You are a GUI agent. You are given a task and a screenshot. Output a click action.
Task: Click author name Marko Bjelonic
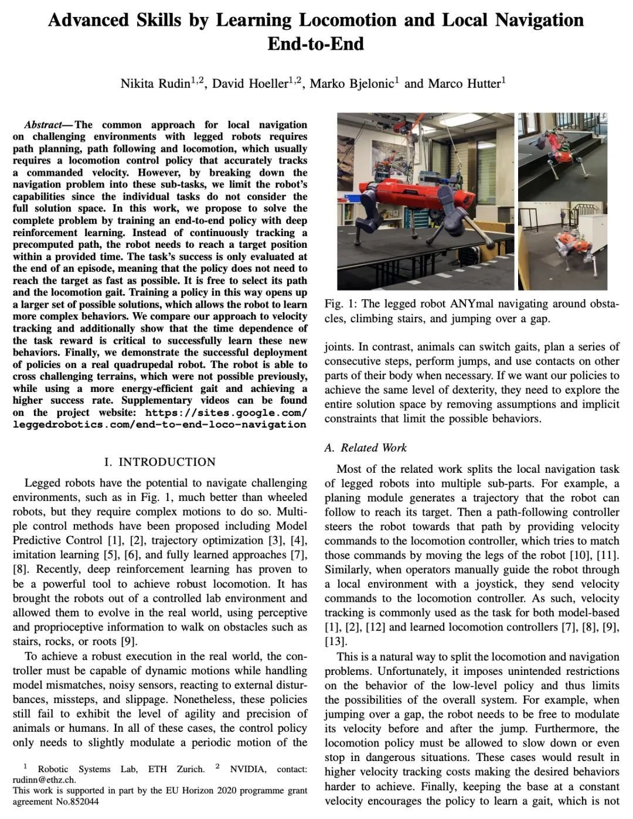[352, 83]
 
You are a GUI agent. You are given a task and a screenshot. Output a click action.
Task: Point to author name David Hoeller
[250, 83]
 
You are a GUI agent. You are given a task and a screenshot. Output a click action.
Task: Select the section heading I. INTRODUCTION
[159, 462]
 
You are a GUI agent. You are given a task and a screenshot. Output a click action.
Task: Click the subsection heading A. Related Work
[365, 448]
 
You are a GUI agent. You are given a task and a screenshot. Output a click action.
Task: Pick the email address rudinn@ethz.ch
[44, 780]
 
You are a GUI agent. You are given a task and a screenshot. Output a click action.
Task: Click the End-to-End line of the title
[316, 44]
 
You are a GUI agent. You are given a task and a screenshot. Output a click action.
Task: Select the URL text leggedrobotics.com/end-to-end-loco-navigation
[159, 424]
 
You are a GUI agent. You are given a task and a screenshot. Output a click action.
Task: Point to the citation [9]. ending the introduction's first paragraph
[128, 641]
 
